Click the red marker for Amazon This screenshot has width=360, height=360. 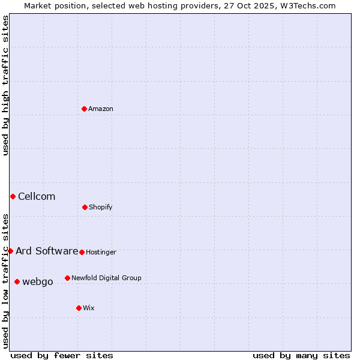84,109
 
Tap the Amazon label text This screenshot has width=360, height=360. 100,109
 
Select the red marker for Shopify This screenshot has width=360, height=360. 85,207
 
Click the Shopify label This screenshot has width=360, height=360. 100,208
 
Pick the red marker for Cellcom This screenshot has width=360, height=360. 13,196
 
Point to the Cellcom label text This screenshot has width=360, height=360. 37,197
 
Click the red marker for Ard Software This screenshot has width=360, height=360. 10,251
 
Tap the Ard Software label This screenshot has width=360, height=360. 47,251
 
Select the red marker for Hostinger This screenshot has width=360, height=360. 82,252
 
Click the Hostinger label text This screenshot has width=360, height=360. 101,253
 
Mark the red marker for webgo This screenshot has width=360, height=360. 17,281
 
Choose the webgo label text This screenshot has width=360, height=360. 38,282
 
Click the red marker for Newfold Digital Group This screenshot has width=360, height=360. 67,278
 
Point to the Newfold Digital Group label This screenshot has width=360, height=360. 106,278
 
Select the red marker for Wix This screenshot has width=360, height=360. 79,308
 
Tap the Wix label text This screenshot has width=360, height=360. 88,308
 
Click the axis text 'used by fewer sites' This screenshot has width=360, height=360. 62,356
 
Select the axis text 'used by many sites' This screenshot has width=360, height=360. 301,356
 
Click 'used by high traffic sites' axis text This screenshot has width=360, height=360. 5,85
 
